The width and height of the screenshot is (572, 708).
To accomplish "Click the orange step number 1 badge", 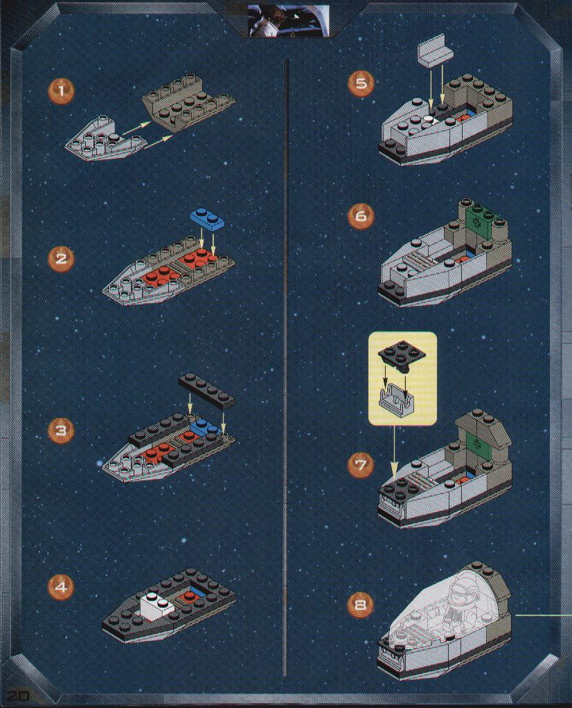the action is pos(62,91).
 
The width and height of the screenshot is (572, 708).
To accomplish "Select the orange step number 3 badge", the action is pos(60,430).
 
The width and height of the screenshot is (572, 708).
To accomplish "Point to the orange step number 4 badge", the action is pos(60,587).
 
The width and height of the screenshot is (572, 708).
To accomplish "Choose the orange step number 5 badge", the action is pos(361,84).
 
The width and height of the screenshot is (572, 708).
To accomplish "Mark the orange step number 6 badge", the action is pos(361,216).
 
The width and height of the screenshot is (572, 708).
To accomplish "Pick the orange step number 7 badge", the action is pos(361,464).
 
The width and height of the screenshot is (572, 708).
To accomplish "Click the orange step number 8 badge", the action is pos(361,604).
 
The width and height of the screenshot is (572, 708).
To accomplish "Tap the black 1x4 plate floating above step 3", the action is pos(207,390).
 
